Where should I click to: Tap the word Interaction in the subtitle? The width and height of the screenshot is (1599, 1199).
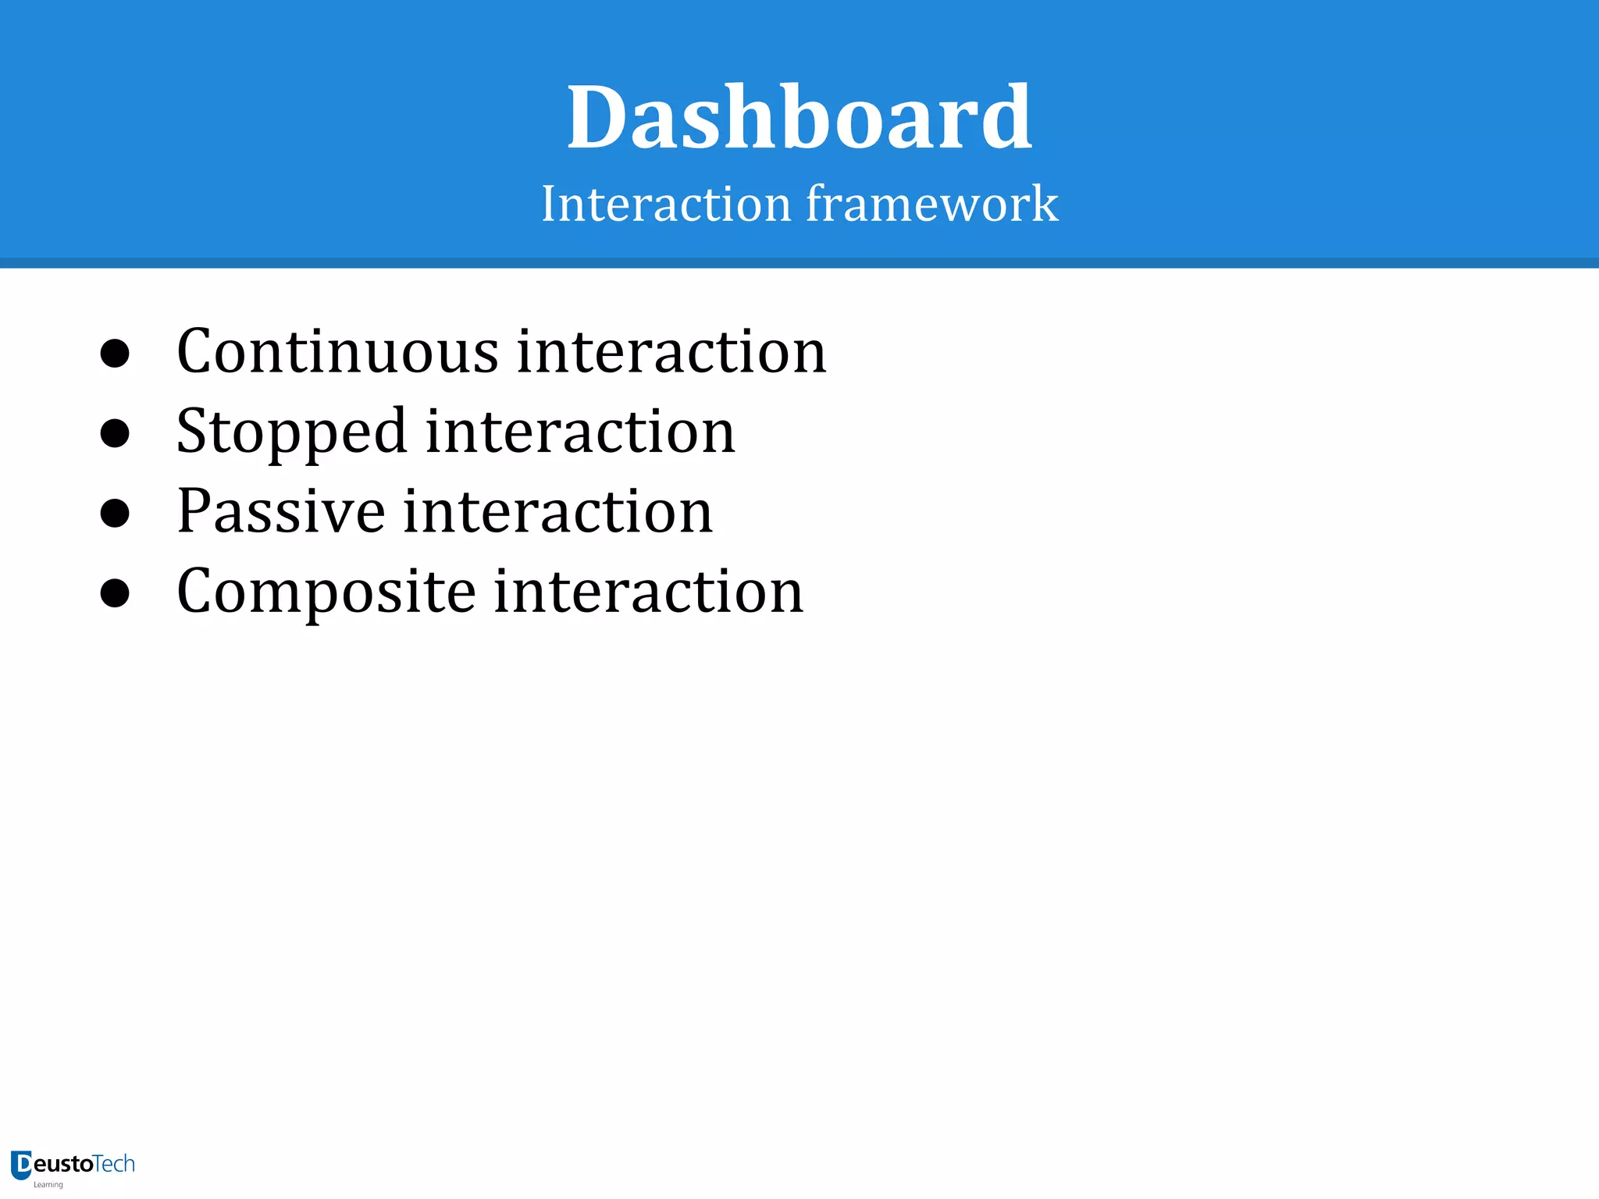(666, 204)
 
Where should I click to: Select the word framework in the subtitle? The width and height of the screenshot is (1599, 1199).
(931, 204)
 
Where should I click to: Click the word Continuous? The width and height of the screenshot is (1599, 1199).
(337, 352)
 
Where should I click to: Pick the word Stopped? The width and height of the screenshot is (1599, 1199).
(291, 432)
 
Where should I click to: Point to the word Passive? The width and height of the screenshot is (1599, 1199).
(281, 511)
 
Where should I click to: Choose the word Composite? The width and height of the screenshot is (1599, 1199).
(326, 592)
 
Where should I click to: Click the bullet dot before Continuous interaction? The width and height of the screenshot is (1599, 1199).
(115, 354)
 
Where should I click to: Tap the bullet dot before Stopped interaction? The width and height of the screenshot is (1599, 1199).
(115, 433)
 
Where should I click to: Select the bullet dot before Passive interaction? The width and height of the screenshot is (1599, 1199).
(115, 513)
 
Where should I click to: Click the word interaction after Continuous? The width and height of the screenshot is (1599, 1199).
(671, 352)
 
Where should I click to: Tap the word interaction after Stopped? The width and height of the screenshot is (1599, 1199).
(580, 432)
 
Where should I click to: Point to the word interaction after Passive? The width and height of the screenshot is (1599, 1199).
(557, 511)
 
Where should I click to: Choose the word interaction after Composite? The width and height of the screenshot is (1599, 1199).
(648, 592)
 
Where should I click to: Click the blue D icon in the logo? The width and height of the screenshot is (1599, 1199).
(21, 1165)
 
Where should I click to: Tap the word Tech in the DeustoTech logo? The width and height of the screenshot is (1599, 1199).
(114, 1164)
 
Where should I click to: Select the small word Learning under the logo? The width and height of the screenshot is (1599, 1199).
(48, 1185)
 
